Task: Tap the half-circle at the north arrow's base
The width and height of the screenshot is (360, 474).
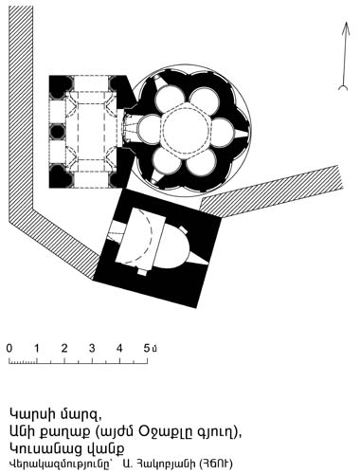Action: pos(343,87)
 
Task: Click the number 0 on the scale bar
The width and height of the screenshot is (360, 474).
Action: pos(9,348)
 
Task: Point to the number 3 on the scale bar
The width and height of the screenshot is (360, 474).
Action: pos(92,348)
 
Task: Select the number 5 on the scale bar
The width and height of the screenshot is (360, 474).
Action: pos(147,348)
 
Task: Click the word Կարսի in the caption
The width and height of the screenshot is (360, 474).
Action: pos(30,414)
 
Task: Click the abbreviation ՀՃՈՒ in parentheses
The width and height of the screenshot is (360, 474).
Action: pos(216,464)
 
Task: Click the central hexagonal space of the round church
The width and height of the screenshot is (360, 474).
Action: pos(186,129)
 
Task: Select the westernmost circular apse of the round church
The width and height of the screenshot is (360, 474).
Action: pos(149,128)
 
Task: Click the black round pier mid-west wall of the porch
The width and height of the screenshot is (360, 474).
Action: pos(58,132)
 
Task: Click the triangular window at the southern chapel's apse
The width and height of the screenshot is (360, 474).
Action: pos(198,259)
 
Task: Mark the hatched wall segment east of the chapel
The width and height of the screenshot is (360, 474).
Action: pos(272,191)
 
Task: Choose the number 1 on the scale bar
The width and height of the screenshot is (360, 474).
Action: pos(37,348)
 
